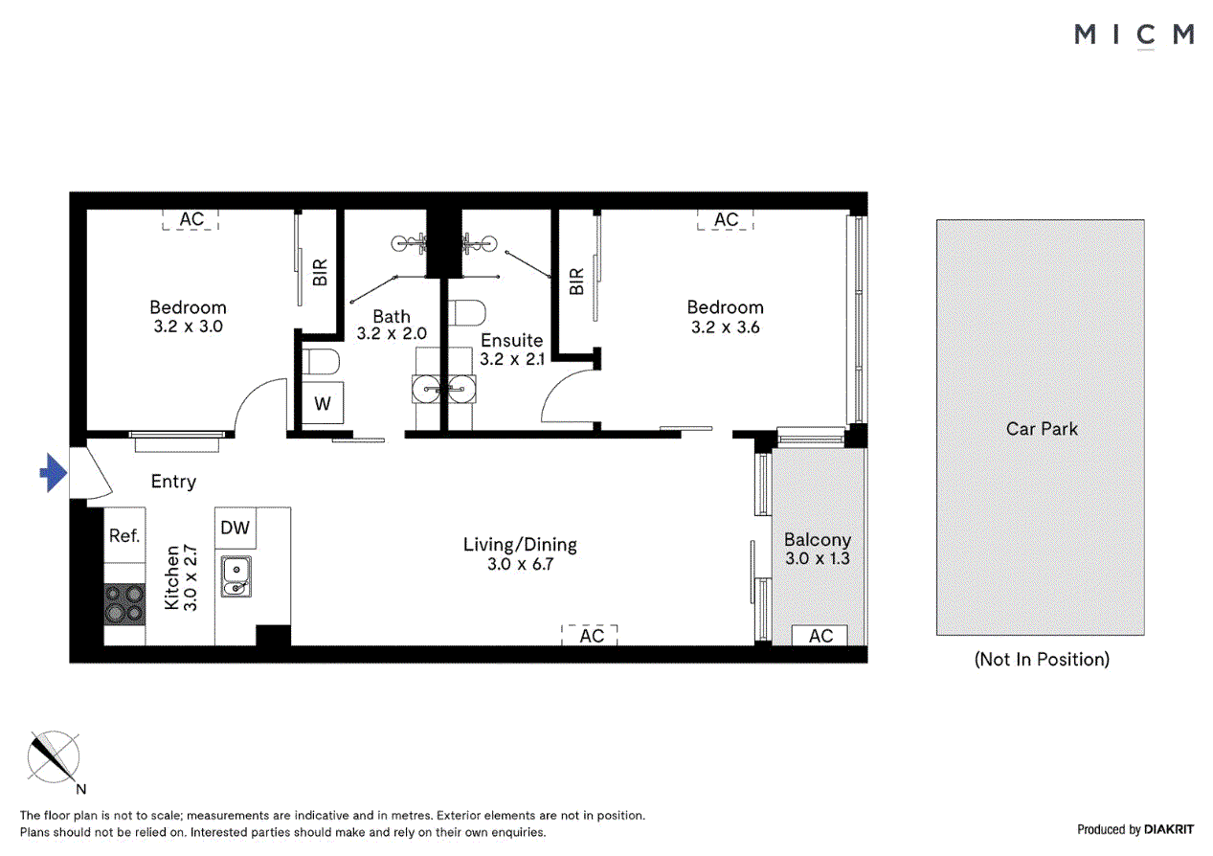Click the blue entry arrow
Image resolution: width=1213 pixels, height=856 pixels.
click(x=53, y=473)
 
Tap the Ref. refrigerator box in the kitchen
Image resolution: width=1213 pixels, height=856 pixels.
click(x=124, y=536)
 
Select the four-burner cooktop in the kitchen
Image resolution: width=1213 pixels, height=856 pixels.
click(x=124, y=604)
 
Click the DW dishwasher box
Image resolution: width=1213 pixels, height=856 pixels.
click(x=235, y=528)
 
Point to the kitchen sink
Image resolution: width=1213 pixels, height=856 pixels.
click(x=236, y=575)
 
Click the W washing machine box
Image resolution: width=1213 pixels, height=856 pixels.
click(x=323, y=404)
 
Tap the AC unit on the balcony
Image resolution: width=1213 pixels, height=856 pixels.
click(x=820, y=636)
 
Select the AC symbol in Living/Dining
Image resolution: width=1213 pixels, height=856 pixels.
click(x=591, y=635)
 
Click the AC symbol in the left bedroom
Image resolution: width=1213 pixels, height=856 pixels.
click(x=191, y=219)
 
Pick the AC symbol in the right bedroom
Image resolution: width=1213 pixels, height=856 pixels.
click(x=726, y=219)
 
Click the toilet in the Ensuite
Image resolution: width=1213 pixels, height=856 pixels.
click(x=467, y=314)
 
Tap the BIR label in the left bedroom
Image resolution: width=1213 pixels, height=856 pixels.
click(x=321, y=273)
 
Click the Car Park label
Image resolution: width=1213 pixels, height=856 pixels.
click(x=1041, y=429)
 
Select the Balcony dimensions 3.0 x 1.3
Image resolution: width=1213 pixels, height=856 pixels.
click(x=817, y=558)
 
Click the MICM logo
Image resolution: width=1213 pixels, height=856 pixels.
click(x=1134, y=35)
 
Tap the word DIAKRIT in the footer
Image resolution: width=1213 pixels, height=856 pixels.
click(x=1169, y=830)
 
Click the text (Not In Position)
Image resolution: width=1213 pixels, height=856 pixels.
click(x=1042, y=659)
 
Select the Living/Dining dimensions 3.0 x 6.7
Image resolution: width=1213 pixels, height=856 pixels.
click(x=520, y=564)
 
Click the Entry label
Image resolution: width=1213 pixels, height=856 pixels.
click(x=173, y=482)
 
